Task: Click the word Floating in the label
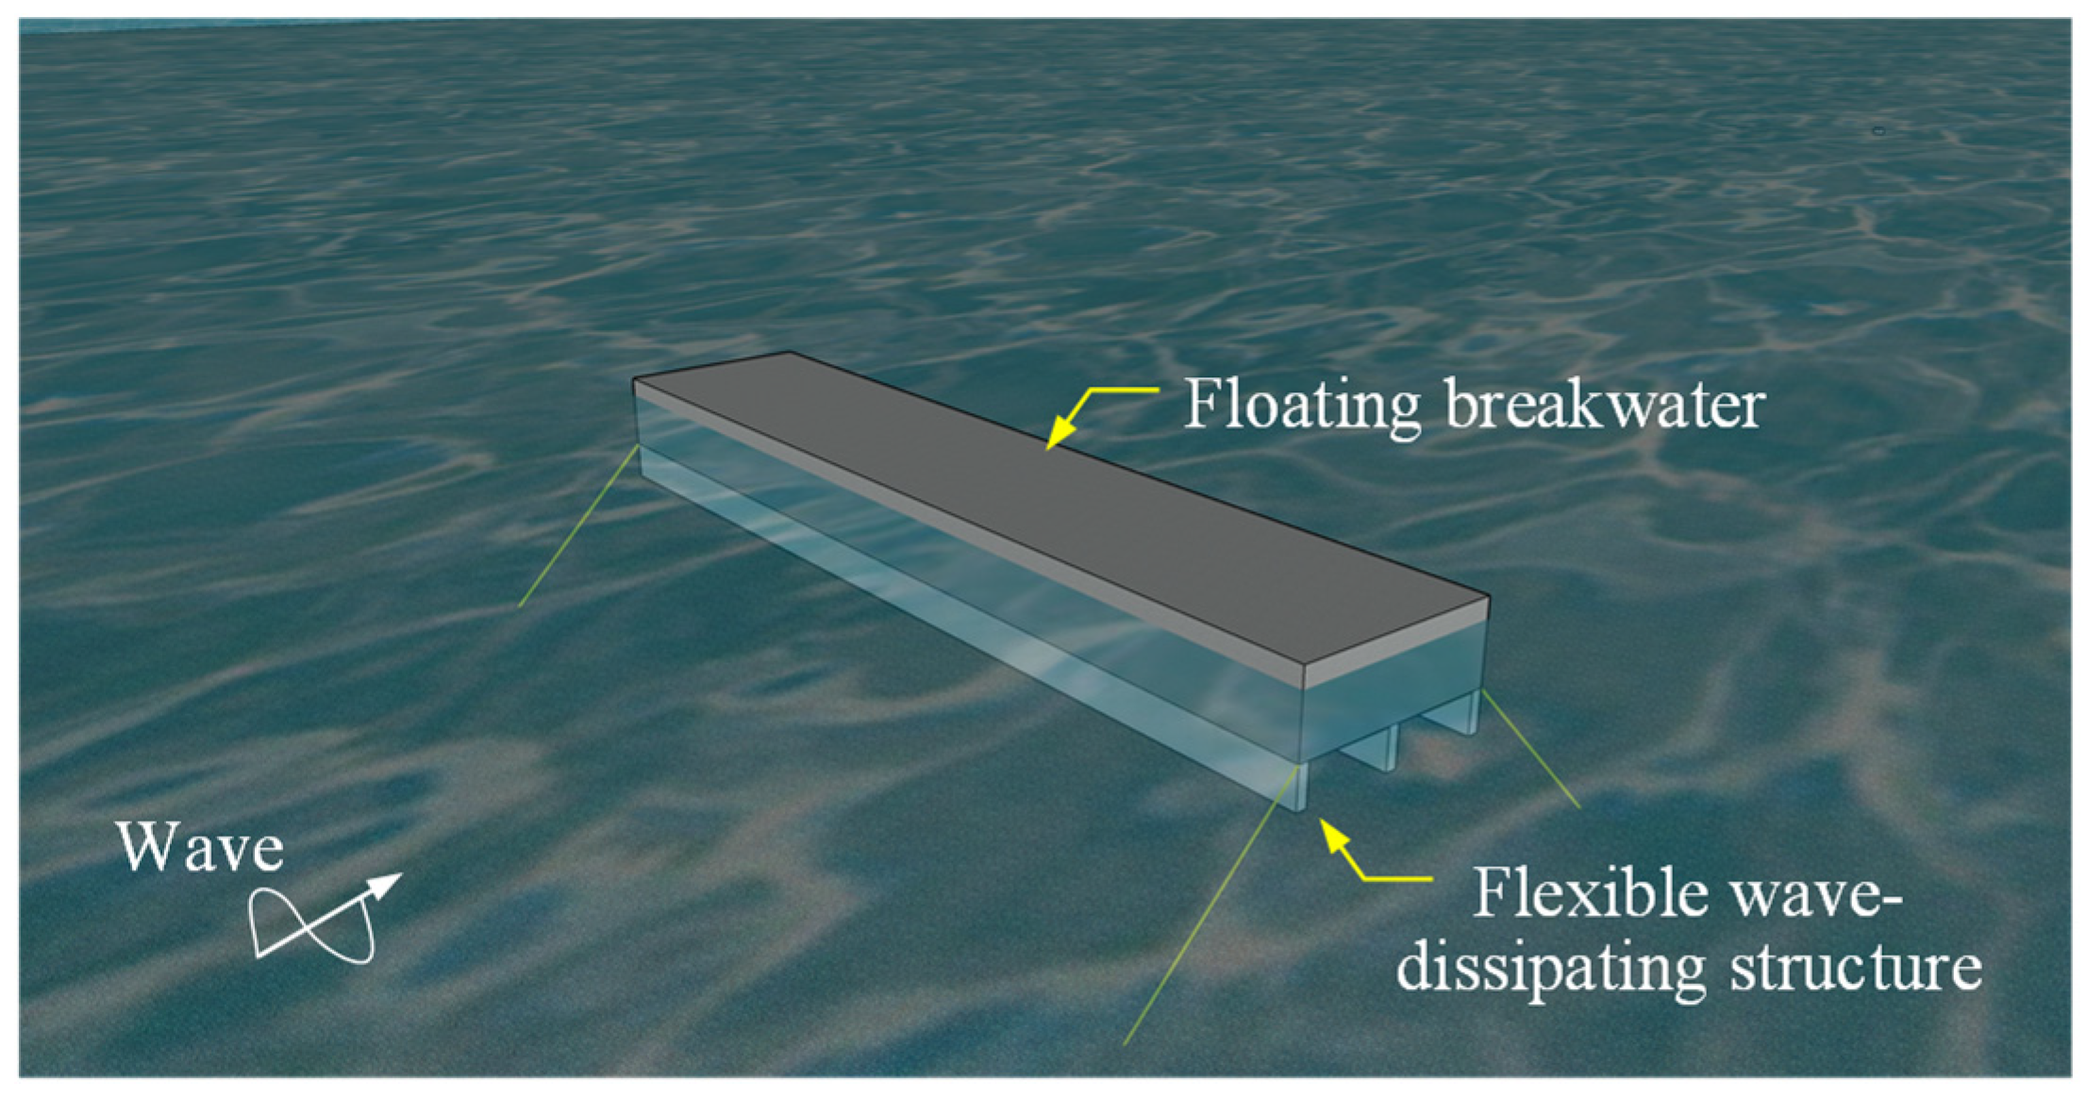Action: click(1301, 406)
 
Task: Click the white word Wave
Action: click(201, 848)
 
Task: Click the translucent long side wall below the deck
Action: click(943, 566)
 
